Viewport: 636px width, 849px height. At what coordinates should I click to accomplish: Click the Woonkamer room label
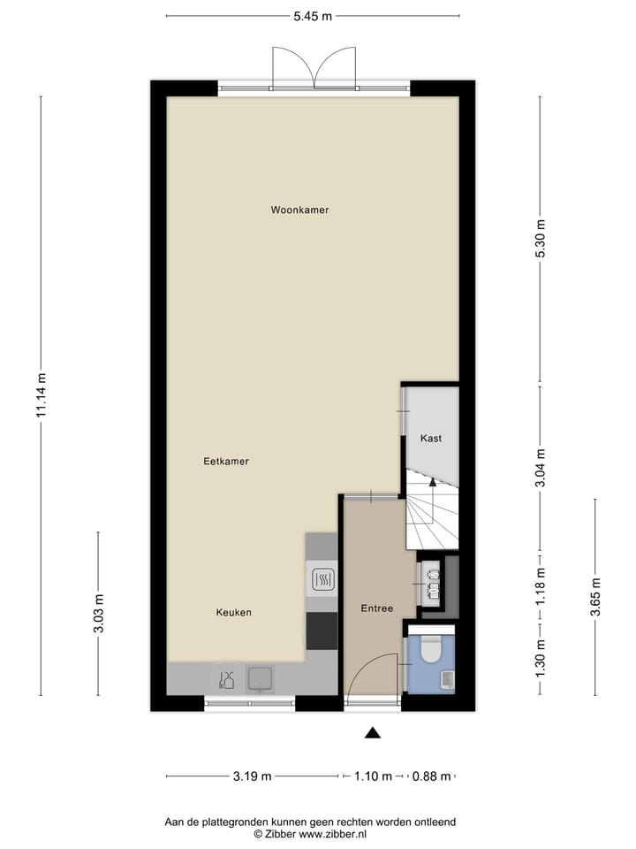(300, 210)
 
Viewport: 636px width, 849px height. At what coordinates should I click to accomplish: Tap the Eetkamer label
(226, 461)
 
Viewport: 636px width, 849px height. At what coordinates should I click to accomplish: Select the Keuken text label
(234, 612)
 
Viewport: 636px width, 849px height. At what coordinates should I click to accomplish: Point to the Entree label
(377, 608)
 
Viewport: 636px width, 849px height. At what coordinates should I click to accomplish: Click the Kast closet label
(431, 439)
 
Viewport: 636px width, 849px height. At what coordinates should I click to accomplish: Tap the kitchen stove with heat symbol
(322, 580)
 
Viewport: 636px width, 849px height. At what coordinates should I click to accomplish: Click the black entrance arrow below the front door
(373, 731)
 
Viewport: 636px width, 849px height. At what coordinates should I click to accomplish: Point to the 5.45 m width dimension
(314, 16)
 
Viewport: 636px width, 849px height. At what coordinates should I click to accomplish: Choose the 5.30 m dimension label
(541, 238)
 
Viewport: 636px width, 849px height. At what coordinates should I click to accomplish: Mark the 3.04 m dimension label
(541, 466)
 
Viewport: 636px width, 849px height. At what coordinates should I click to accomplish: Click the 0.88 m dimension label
(433, 776)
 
